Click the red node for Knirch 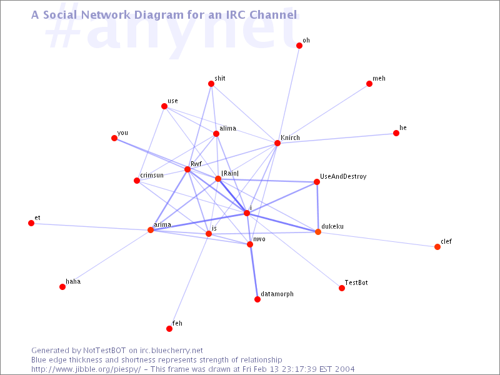[x=277, y=143]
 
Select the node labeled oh [x=299, y=46]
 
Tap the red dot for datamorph [x=257, y=299]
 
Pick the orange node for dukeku [x=318, y=232]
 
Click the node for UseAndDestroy [x=317, y=182]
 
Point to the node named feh [x=169, y=329]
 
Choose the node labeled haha [x=62, y=287]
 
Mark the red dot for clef [x=437, y=247]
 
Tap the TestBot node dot [x=342, y=288]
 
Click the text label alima [x=228, y=128]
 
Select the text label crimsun [x=152, y=175]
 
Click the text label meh [x=379, y=79]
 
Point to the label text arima [x=162, y=224]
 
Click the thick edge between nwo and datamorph [x=254, y=272]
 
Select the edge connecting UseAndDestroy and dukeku [x=317, y=207]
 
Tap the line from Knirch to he [x=337, y=138]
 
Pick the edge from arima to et [x=91, y=226]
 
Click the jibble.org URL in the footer [x=86, y=369]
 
